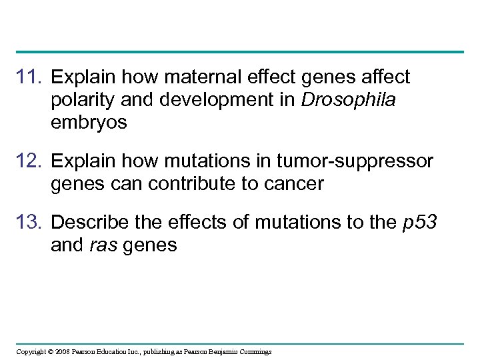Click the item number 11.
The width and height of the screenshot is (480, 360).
coord(29,78)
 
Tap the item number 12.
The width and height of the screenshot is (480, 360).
coord(29,161)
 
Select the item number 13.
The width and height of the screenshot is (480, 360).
coord(29,223)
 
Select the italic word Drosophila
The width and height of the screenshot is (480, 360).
coord(349,101)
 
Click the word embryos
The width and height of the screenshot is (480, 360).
coord(89,123)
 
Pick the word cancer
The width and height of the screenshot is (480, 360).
coord(290,184)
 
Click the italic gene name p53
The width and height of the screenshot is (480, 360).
coord(420,223)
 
